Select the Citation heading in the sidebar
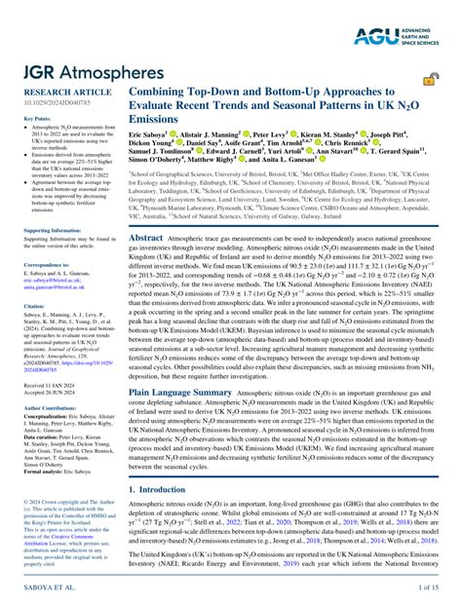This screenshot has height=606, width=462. [33, 304]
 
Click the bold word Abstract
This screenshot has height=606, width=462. [146, 237]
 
